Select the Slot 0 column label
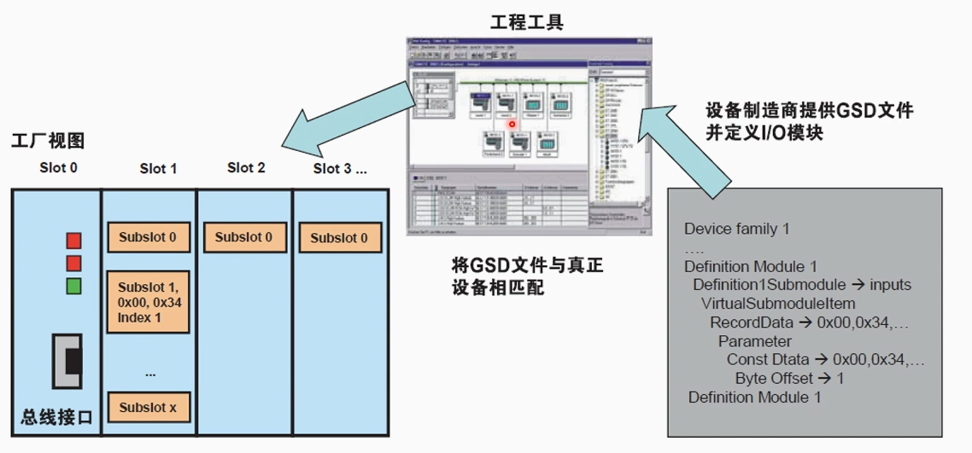pos(58,167)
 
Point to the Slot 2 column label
pos(246,167)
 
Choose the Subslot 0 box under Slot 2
pos(244,237)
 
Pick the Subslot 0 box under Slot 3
pos(339,238)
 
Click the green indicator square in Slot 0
pos(73,286)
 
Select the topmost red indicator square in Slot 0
pos(73,238)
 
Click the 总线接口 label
pos(56,417)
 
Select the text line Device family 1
pos(736,229)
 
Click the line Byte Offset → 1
pos(789,378)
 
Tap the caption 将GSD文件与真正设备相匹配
pos(527,277)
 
